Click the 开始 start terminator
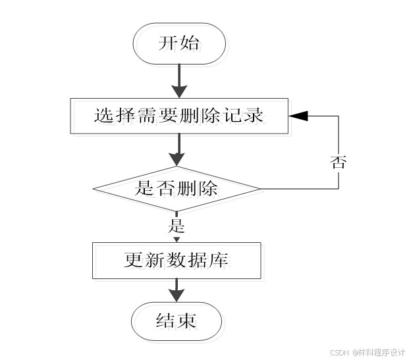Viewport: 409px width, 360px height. tap(179, 45)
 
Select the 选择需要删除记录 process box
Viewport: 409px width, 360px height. tap(178, 116)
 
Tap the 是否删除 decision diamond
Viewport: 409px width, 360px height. tap(177, 190)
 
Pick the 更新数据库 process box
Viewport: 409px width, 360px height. tap(177, 260)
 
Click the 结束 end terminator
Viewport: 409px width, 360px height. tap(177, 321)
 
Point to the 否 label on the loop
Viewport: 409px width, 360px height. tap(338, 163)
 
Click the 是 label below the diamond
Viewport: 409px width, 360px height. tap(177, 227)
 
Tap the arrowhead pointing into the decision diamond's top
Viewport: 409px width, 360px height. tap(177, 159)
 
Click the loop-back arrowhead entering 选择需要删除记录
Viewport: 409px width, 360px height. tap(298, 116)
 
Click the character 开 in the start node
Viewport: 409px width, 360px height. tap(168, 45)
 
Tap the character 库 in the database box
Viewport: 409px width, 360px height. tap(219, 260)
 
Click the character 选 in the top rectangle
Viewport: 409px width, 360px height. tap(103, 116)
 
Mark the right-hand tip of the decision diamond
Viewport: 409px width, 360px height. tap(260, 190)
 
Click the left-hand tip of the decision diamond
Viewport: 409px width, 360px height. tap(94, 190)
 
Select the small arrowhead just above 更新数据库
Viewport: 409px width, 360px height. tap(177, 239)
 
